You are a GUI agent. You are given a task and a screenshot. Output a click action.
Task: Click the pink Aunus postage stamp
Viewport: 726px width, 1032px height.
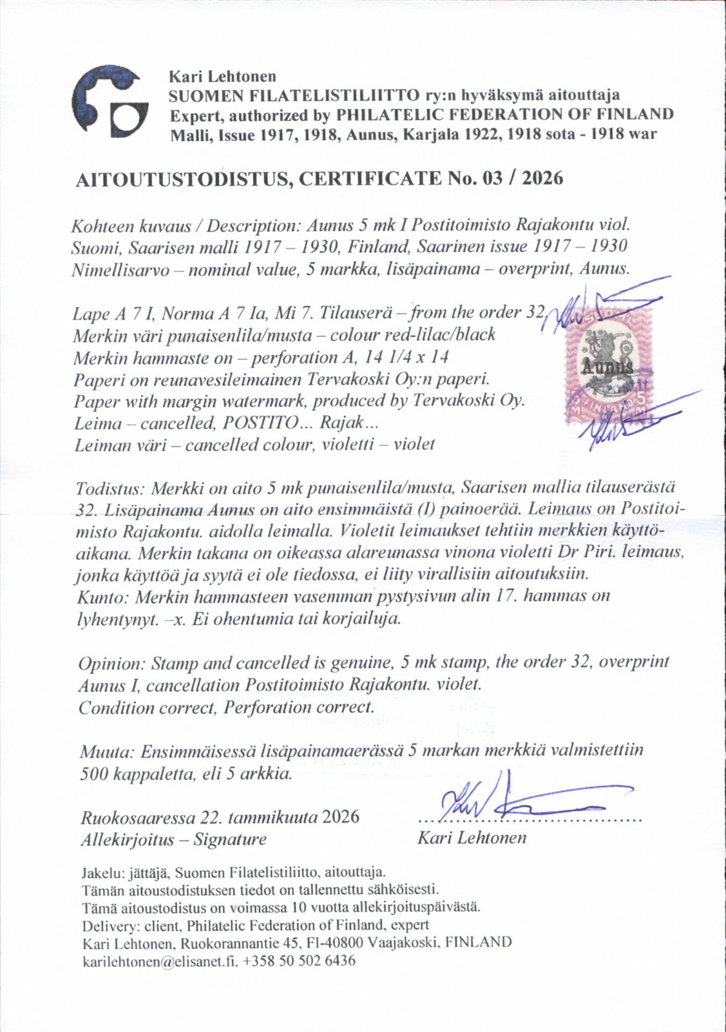(607, 365)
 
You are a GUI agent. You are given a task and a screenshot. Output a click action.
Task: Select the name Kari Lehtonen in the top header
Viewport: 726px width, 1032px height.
(222, 76)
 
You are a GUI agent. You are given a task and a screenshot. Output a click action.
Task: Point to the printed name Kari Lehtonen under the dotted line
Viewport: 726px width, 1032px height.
(472, 837)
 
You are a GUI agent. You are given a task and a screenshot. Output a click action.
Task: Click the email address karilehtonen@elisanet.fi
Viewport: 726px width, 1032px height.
(160, 961)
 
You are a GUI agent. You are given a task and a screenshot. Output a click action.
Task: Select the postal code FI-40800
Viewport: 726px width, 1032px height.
(334, 942)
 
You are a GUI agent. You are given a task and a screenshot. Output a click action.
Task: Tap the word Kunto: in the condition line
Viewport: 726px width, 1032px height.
(103, 597)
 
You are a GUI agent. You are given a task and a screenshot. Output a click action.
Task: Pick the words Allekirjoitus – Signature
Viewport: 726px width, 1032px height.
(173, 839)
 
